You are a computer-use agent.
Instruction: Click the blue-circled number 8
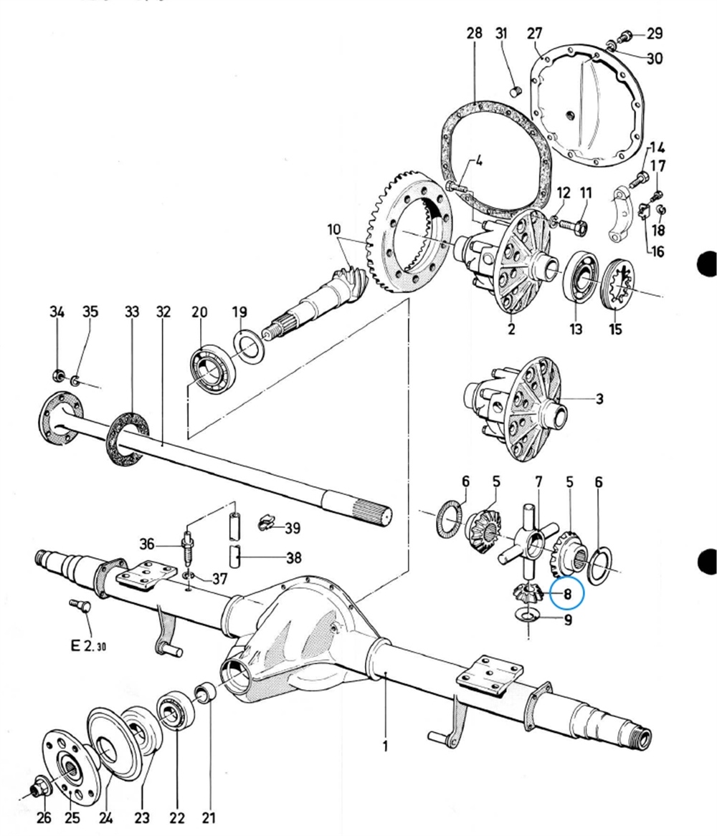[567, 593]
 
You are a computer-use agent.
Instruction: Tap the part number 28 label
[474, 34]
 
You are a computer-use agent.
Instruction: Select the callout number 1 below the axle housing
[385, 746]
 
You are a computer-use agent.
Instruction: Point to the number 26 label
[44, 817]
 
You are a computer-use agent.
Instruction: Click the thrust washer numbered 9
[528, 614]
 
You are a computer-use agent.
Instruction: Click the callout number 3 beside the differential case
[599, 398]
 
